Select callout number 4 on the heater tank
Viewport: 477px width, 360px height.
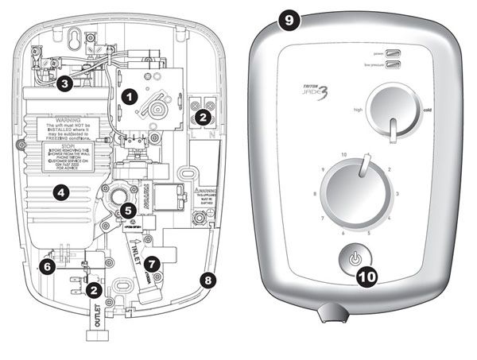pos(58,191)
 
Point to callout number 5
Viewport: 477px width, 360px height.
pos(128,211)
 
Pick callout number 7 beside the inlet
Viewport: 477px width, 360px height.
pos(153,261)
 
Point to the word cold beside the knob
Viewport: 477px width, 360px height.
pos(427,110)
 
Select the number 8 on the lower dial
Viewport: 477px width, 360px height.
pos(316,193)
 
